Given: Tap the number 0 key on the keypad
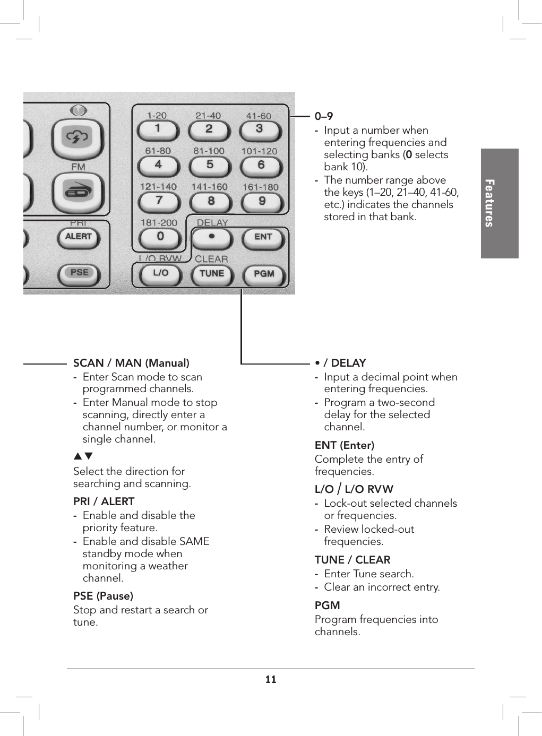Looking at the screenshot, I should pos(160,237).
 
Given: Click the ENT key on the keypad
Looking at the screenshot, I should pos(263,237).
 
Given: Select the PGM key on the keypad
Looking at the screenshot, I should pos(264,274).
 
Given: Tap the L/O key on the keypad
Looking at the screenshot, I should pos(160,273).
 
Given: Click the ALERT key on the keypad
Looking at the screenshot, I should pos(79,237).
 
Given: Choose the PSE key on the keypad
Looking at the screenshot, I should pos(79,273).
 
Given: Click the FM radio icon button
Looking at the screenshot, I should pos(79,191).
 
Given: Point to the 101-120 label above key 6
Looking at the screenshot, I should pos(259,151).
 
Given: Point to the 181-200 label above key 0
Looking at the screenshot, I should pos(159,223).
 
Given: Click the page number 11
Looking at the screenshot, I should pos(271,680).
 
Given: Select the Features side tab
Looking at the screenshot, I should pos(500,203).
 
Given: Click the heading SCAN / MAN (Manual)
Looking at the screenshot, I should pos(131,363).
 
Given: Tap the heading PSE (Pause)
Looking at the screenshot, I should pos(103,596).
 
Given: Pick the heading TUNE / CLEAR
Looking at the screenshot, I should pos(352,560).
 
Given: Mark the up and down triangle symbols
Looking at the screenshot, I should pos(83,456).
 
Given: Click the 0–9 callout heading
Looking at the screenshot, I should pos(324,116).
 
